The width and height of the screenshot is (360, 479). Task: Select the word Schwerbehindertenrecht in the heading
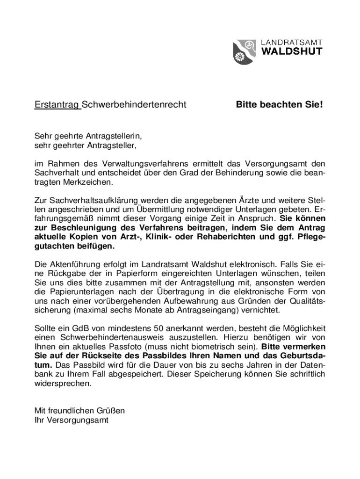coord(135,104)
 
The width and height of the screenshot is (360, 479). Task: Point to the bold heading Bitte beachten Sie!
coord(279,104)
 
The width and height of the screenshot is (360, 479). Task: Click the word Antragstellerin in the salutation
coord(113,136)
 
